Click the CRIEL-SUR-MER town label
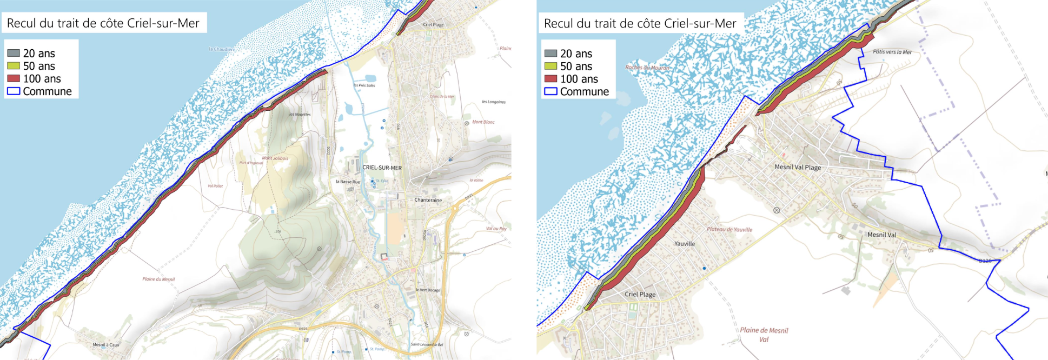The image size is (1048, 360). [x=382, y=168]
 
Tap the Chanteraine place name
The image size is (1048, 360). [x=428, y=200]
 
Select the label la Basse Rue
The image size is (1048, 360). [x=347, y=182]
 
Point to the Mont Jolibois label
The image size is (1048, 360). [x=275, y=158]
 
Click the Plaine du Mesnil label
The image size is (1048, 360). [x=158, y=279]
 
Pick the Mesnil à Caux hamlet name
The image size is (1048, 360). [x=105, y=344]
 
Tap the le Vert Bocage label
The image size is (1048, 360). [x=428, y=290]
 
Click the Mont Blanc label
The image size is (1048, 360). [x=483, y=122]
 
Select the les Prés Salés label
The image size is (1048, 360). [x=364, y=85]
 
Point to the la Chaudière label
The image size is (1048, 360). [x=222, y=49]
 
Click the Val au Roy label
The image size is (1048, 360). [x=496, y=229]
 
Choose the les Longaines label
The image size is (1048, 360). [x=494, y=102]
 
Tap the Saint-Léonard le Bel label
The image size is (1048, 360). [x=427, y=344]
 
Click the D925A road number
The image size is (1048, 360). [x=424, y=235]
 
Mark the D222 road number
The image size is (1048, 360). [x=328, y=151]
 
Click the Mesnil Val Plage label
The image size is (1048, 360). [x=798, y=167]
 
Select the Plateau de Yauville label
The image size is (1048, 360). [x=729, y=229]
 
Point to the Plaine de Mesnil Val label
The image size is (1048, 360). [x=764, y=335]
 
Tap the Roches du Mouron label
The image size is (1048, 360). [x=647, y=68]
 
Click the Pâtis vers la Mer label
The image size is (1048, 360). [x=892, y=52]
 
